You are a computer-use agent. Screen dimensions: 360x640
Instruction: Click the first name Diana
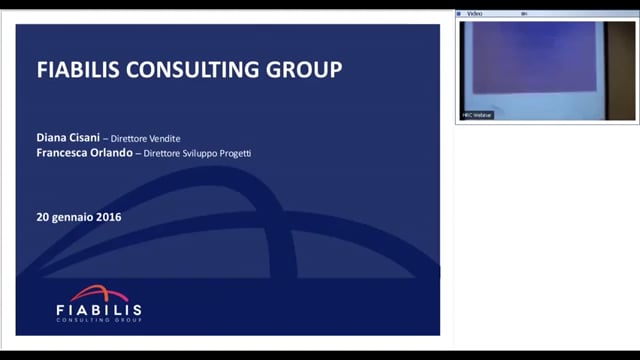[54, 137]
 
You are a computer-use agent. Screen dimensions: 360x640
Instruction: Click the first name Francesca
[69, 153]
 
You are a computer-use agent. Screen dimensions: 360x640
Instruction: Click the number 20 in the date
[43, 216]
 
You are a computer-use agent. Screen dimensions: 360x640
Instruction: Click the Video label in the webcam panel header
[476, 14]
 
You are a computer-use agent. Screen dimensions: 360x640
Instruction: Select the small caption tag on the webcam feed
[477, 115]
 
